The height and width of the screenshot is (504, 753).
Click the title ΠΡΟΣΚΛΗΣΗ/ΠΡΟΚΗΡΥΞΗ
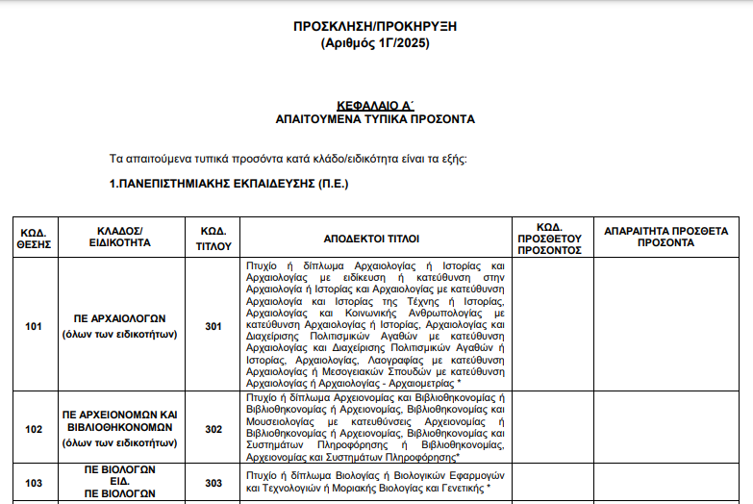click(375, 26)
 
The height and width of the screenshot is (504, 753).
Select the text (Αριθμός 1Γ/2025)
click(375, 43)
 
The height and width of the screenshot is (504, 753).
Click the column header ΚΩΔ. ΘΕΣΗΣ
click(33, 239)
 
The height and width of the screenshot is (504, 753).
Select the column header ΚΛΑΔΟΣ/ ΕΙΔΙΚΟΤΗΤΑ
click(121, 239)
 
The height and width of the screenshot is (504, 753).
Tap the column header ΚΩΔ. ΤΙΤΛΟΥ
click(213, 239)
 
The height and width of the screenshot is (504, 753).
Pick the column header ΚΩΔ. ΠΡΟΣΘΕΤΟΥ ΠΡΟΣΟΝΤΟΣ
click(550, 239)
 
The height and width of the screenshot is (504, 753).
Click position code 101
click(34, 326)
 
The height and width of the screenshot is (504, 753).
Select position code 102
click(34, 430)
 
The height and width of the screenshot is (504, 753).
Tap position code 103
click(34, 483)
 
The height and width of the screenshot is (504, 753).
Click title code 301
click(213, 326)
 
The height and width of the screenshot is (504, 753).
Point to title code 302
click(213, 430)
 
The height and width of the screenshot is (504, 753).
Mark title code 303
click(213, 483)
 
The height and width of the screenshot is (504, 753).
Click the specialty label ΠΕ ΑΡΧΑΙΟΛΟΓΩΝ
click(121, 317)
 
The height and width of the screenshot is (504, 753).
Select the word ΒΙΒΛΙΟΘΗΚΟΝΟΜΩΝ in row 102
click(121, 427)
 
